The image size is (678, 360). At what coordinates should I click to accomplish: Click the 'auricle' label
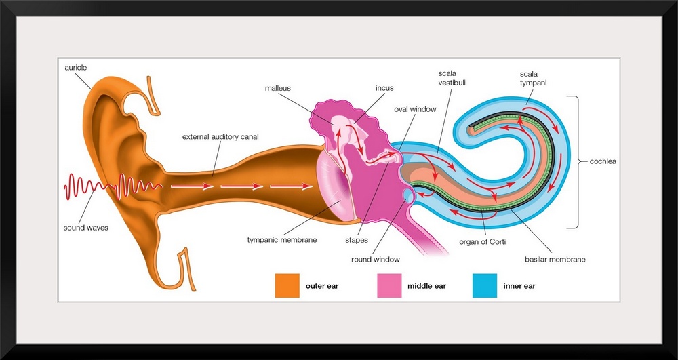click(76, 68)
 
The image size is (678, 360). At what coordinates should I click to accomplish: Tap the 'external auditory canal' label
click(220, 137)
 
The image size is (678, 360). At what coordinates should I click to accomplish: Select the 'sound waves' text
click(85, 228)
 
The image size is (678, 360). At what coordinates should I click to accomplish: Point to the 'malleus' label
click(279, 88)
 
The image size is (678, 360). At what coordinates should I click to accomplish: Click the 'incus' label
click(384, 88)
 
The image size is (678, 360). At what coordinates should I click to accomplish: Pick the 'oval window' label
click(415, 108)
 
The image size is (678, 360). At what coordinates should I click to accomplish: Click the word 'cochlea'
click(602, 163)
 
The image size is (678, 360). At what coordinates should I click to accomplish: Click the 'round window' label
click(375, 259)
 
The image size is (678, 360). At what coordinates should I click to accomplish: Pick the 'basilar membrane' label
click(555, 259)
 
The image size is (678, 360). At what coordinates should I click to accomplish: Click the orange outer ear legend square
click(287, 285)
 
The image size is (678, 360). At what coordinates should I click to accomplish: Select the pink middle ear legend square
click(389, 285)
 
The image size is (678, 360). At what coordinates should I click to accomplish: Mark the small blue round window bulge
click(407, 195)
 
